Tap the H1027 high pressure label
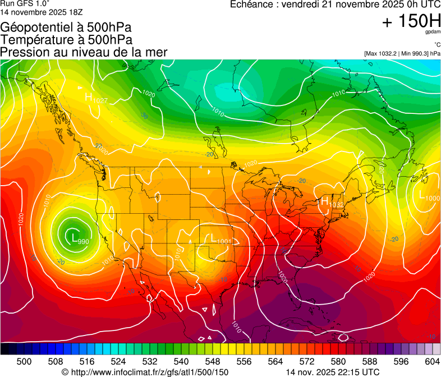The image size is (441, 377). click(96, 98)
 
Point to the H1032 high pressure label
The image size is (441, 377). click(332, 202)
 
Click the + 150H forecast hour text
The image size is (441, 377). click(411, 21)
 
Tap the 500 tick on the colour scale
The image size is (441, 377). click(24, 361)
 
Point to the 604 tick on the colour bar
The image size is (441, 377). click(433, 361)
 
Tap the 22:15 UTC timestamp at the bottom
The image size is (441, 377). click(332, 372)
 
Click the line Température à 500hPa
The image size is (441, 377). click(67, 40)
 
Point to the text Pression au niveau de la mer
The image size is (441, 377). click(84, 52)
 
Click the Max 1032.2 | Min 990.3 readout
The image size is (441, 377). click(402, 54)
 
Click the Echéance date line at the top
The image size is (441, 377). click(336, 4)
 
